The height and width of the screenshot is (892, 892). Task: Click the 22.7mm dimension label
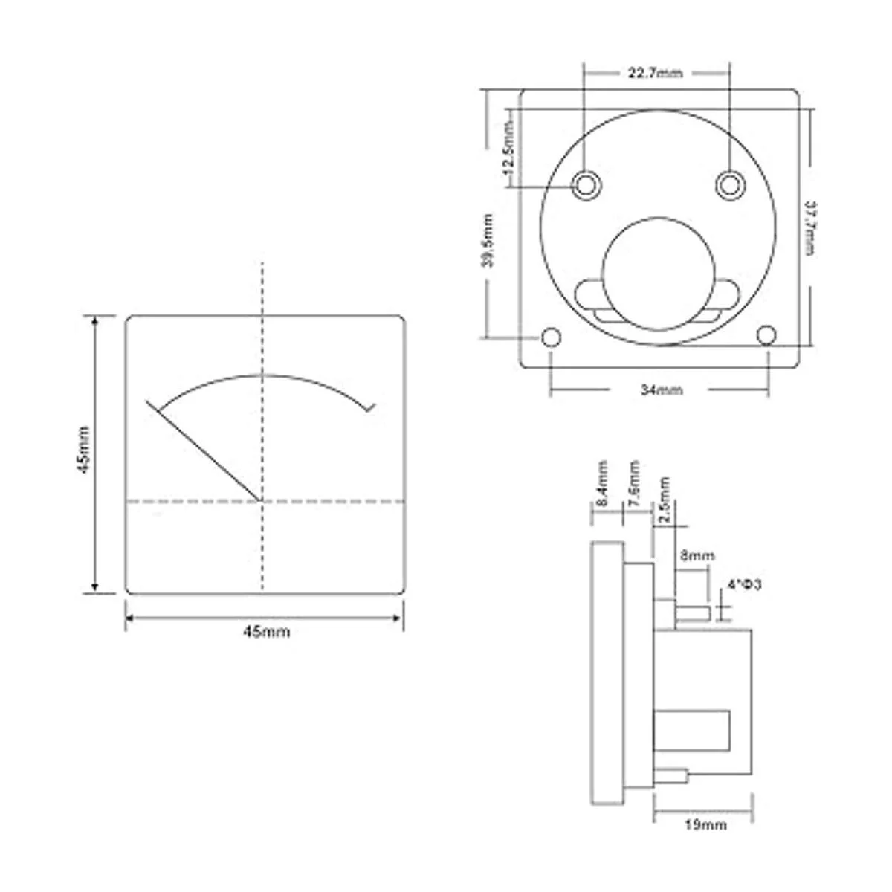[x=654, y=73]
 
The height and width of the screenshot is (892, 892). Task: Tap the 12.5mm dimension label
[x=509, y=147]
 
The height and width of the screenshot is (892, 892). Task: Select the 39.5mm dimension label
[x=487, y=240]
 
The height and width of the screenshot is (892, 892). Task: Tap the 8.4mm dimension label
[x=602, y=483]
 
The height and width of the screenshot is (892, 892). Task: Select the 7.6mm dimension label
[x=633, y=483]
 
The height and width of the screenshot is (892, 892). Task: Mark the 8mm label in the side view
[x=697, y=555]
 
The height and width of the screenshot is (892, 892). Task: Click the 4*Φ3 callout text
[x=746, y=586]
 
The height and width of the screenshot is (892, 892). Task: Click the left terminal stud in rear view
[x=585, y=184]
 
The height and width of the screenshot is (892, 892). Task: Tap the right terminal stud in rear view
[x=730, y=184]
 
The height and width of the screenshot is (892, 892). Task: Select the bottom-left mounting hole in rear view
[x=551, y=337]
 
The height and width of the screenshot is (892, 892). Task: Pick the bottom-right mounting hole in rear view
[x=766, y=336]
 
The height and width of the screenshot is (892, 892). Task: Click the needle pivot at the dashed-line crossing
[x=262, y=501]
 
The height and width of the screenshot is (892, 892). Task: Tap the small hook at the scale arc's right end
[x=370, y=407]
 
